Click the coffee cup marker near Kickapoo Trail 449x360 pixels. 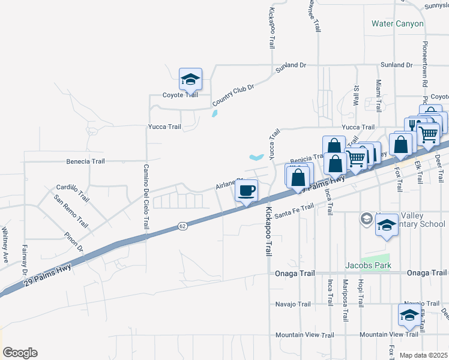pos(247,191)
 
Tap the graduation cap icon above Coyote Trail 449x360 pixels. pos(190,80)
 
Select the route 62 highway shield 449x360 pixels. pos(183,226)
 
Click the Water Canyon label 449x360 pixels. pos(397,24)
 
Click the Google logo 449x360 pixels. pos(20,353)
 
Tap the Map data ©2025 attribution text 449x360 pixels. pos(423,355)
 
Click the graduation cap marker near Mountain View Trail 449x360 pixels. pos(409,315)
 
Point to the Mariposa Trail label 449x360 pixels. pos(345,293)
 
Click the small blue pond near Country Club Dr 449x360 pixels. pos(215,113)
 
